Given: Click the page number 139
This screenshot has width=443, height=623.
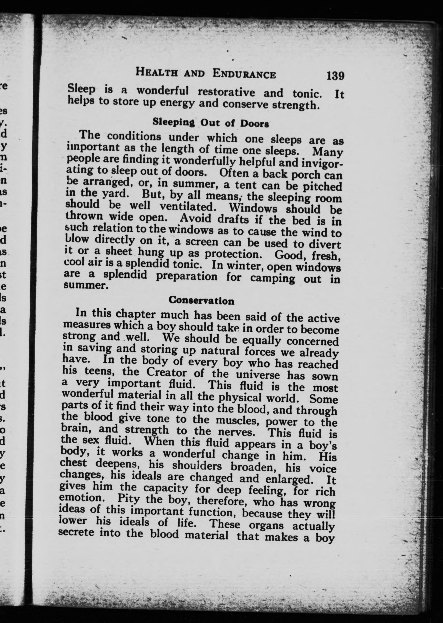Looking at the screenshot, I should pos(335,76).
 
